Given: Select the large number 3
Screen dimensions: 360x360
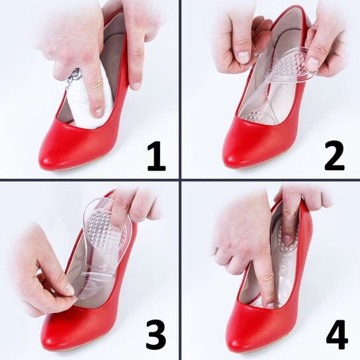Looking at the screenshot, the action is click(x=156, y=336).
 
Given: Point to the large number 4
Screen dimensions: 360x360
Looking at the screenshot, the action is click(x=336, y=335).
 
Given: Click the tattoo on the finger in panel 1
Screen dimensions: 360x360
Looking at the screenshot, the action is click(x=73, y=77).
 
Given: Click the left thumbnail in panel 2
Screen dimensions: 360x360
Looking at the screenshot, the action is click(x=244, y=56).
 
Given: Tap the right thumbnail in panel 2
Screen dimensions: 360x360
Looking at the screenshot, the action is click(x=312, y=62).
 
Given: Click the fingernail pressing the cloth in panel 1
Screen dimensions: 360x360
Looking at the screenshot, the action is click(x=99, y=112).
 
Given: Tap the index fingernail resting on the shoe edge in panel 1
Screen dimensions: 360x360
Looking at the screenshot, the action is click(x=136, y=85).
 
